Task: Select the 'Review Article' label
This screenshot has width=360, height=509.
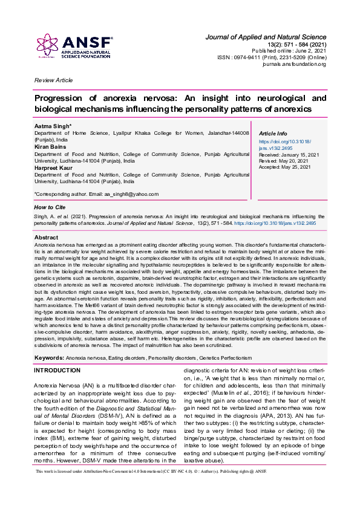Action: click(x=53, y=80)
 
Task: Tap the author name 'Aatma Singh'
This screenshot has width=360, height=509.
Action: click(x=53, y=125)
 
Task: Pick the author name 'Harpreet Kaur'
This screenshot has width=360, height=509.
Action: click(x=55, y=169)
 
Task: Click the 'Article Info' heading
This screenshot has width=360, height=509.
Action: click(x=273, y=134)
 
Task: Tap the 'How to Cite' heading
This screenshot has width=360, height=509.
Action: click(x=50, y=207)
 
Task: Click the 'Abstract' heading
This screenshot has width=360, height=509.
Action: click(x=47, y=238)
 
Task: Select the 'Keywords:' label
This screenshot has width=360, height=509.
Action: click(x=49, y=358)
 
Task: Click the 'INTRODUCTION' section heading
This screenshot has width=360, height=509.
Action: click(x=65, y=370)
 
